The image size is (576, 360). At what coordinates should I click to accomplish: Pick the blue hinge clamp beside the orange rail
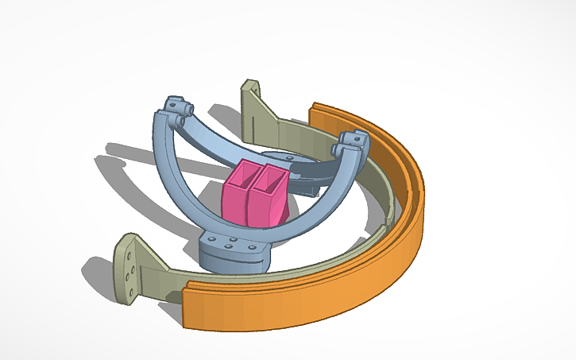point(350,145)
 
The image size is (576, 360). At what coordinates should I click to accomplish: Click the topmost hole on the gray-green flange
point(128,247)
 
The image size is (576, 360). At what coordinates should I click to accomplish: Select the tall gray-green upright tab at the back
point(252,103)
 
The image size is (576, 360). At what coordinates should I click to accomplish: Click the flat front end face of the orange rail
point(189,308)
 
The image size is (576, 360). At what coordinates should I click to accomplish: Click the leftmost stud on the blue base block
point(210,238)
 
